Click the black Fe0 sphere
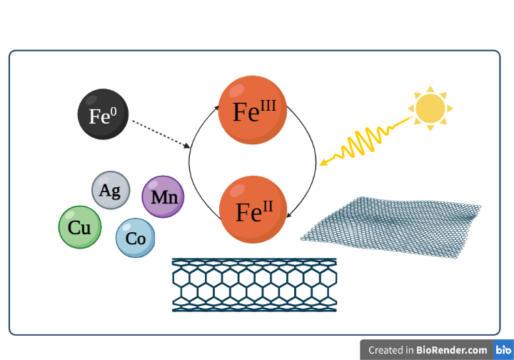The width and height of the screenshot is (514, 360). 104,115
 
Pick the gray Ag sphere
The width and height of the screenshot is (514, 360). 110,191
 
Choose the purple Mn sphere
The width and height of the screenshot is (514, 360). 163,196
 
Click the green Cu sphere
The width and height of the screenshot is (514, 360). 79,227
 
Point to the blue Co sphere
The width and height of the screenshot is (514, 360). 136,238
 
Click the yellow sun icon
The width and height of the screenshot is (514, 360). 430,109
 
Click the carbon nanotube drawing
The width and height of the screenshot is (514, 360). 254,285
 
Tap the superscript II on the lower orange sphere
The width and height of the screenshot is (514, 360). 267,206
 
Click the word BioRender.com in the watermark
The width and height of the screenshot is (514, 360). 453,350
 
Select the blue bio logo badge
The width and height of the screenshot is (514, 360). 502,350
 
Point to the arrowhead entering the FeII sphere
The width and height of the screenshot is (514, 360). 287,214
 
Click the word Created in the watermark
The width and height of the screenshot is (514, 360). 388,350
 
